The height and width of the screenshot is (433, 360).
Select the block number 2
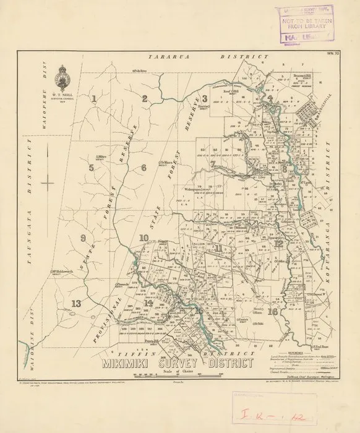click(x=144, y=98)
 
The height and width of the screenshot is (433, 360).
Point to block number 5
click(x=91, y=167)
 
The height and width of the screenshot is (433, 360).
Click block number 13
click(x=75, y=302)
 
